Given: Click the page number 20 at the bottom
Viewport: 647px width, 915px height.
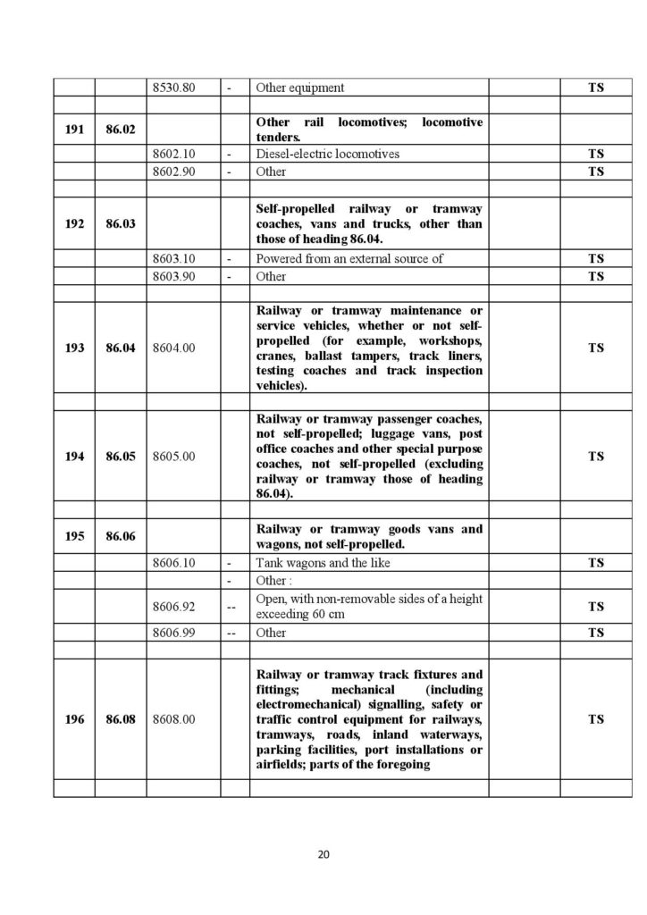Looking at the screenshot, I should tap(323, 854).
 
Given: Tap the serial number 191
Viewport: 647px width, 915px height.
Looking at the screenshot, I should tap(74, 130).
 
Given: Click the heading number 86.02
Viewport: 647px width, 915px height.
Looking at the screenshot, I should tap(121, 130).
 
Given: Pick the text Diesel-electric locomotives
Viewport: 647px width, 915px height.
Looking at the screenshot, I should tap(327, 154).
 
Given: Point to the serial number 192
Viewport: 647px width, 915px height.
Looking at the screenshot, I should tap(74, 224).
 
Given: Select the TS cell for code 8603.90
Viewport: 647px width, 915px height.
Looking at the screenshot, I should tap(595, 276).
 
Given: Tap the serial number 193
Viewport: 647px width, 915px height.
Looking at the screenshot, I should tap(74, 348).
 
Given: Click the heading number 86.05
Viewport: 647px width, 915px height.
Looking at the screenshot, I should tap(121, 456).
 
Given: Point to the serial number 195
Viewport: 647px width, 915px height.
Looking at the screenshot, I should tap(74, 536).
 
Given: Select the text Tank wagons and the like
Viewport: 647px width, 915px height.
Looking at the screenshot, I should tap(323, 563).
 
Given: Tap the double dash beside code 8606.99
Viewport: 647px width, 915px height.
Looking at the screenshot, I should tap(231, 633).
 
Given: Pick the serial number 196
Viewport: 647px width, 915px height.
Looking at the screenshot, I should tap(74, 718).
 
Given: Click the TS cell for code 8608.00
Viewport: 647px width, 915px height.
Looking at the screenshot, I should tap(595, 718).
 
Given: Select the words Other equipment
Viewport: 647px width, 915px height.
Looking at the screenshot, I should tap(299, 88).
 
